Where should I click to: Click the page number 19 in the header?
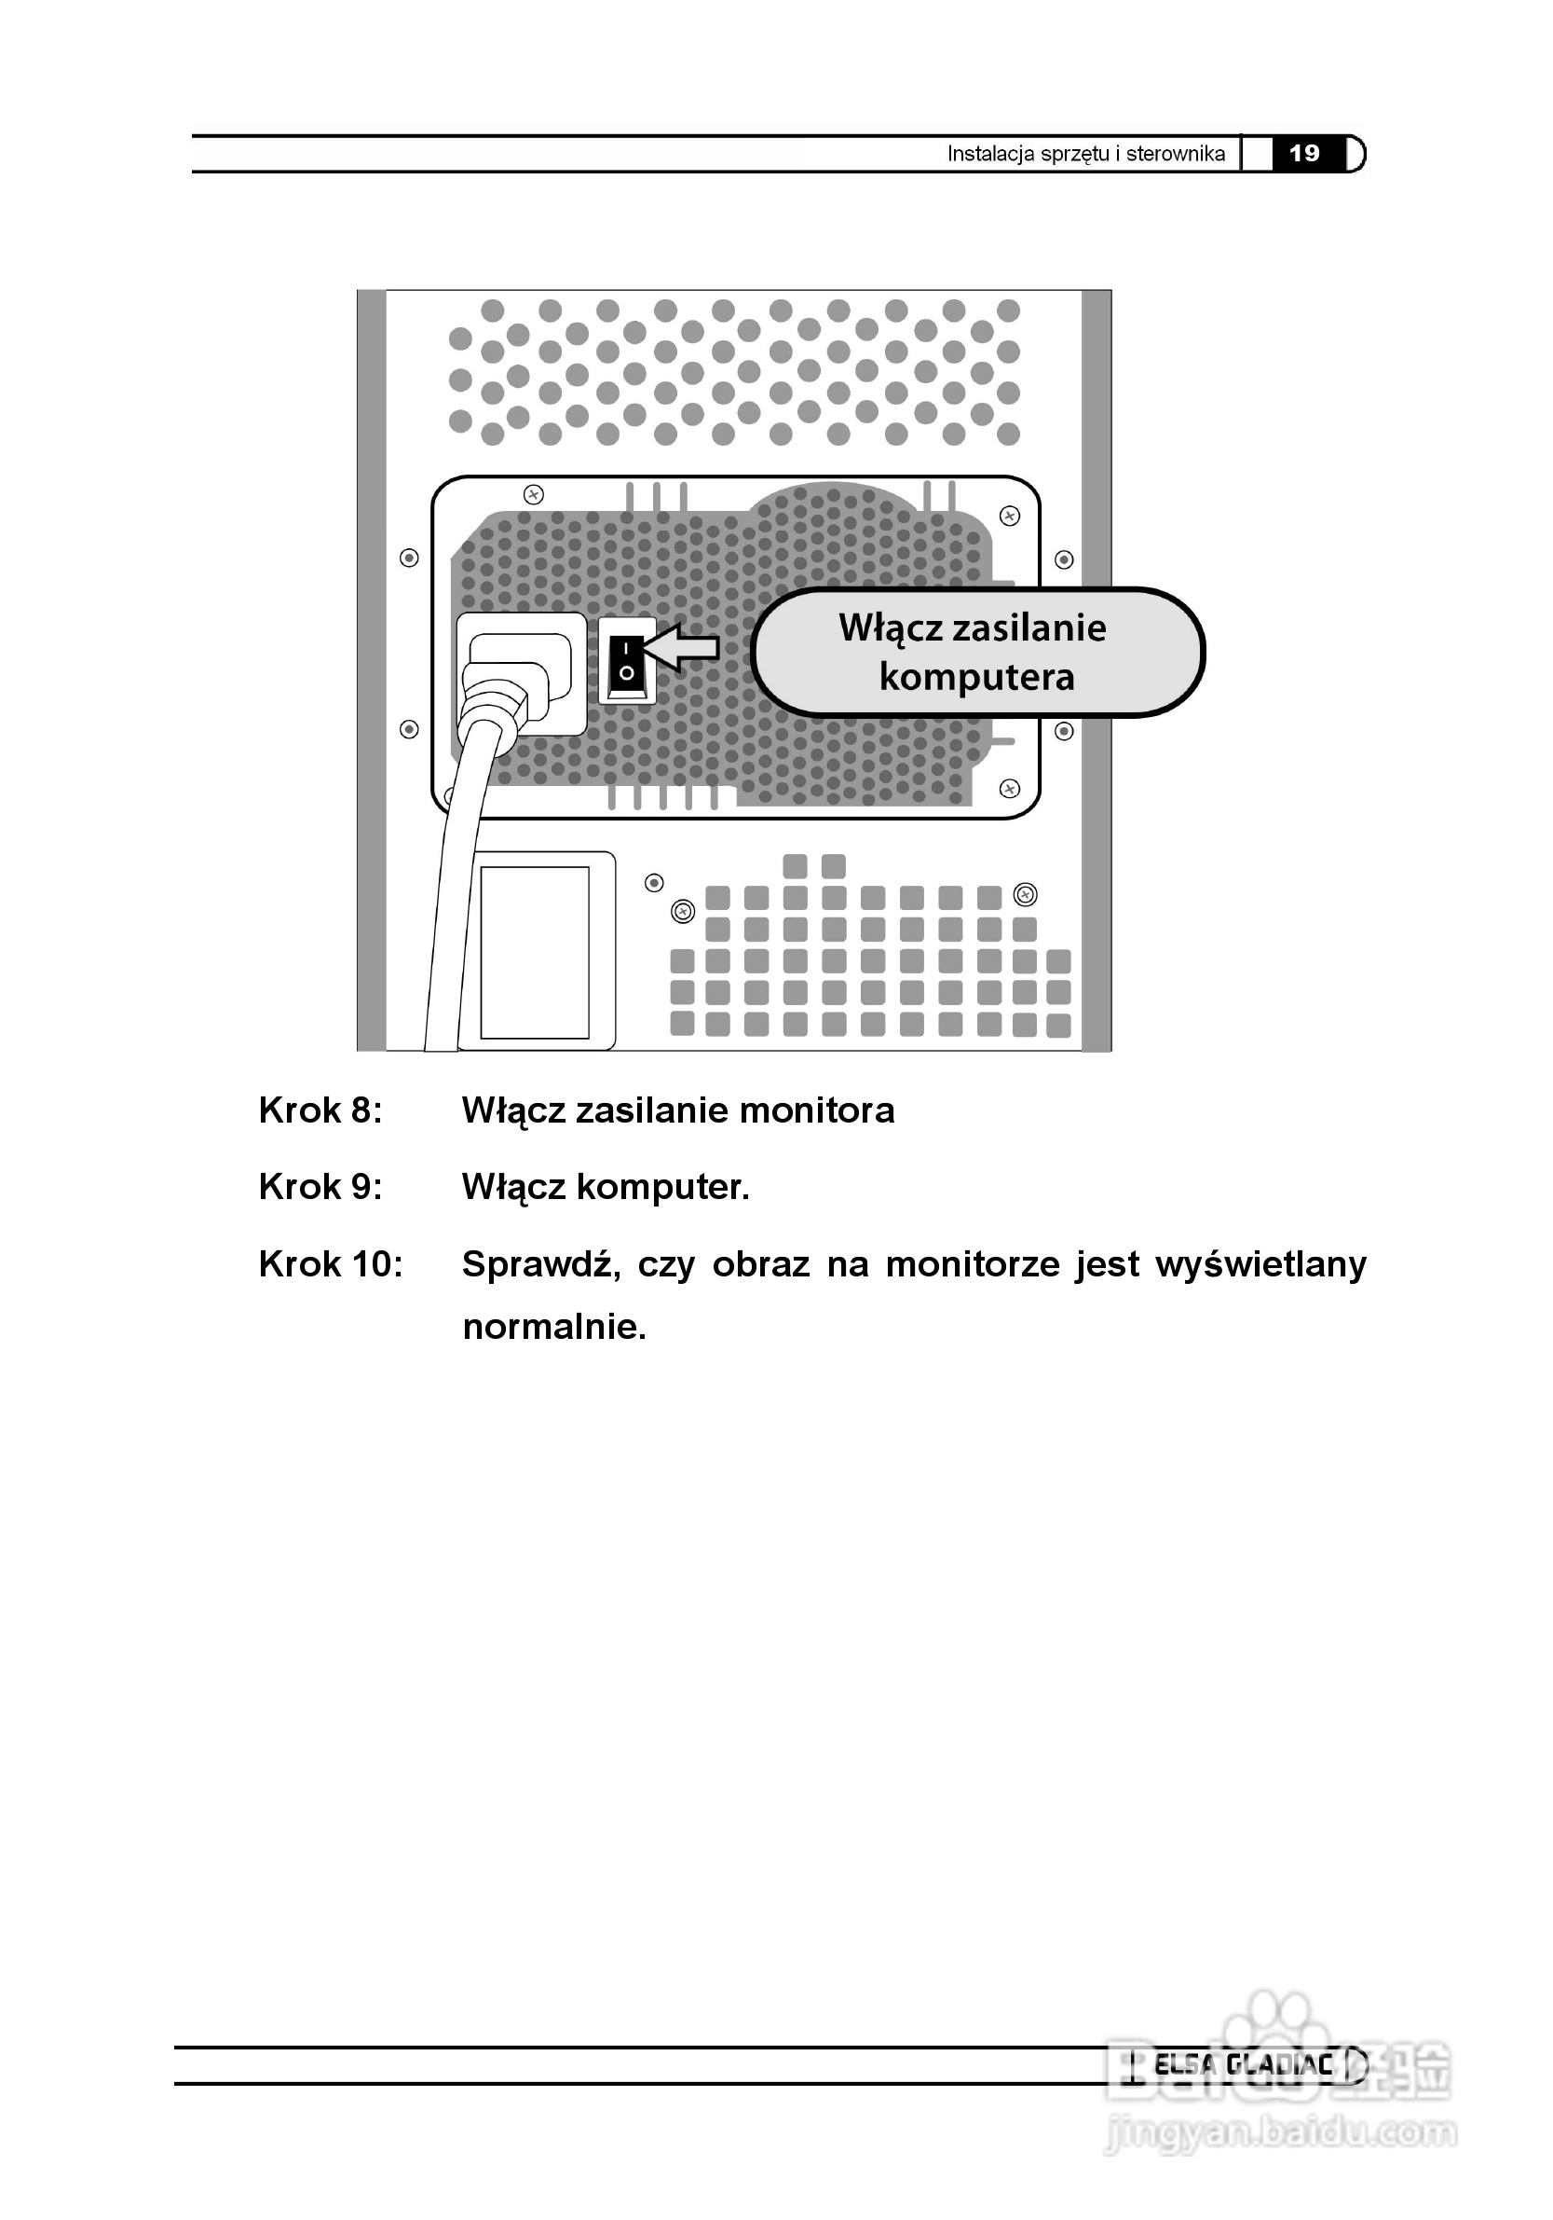1303,154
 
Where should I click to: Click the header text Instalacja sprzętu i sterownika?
1085,154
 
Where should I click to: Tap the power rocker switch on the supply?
627,659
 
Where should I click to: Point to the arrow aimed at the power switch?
682,647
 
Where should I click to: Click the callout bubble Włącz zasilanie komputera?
976,653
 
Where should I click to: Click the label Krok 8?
320,1110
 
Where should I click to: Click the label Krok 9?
320,1186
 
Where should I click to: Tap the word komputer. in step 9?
663,1186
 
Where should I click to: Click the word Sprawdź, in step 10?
541,1264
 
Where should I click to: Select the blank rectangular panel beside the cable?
535,952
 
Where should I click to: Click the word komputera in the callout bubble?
976,677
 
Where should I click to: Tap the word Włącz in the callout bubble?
889,628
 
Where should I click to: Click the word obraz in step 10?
760,1264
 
